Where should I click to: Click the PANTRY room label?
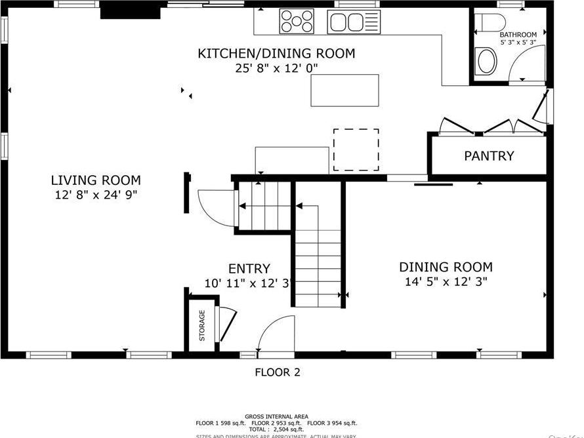tap(489, 156)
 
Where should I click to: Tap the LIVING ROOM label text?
tap(96, 180)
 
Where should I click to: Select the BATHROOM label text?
tap(518, 35)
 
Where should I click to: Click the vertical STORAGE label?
tap(202, 326)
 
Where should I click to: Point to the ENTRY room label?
tap(249, 269)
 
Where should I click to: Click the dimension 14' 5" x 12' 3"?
tap(446, 283)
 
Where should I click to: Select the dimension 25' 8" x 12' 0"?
tap(276, 68)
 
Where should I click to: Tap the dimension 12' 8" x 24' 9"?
tap(96, 195)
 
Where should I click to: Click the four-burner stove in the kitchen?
tap(297, 21)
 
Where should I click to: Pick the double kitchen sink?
tap(354, 22)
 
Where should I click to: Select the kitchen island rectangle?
tap(344, 90)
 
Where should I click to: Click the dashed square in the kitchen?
tap(356, 149)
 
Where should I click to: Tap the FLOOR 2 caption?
tap(277, 372)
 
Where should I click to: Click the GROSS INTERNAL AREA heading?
tap(277, 416)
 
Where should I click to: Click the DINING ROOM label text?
tap(446, 268)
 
